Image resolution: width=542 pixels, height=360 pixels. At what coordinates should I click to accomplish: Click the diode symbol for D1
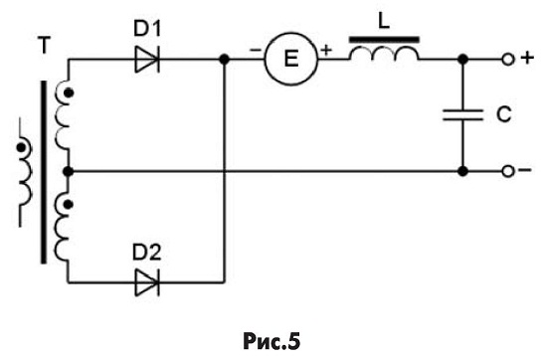(147, 60)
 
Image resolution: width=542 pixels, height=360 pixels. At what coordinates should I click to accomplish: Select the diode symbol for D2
(147, 282)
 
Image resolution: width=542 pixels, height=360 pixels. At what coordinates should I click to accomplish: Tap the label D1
(147, 29)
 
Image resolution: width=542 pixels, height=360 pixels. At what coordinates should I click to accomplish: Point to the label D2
(147, 253)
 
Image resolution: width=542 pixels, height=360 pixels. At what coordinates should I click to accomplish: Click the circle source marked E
(290, 59)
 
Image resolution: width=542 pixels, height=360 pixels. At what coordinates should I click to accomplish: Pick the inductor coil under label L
(384, 54)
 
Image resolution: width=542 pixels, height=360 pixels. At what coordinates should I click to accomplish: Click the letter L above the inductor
(384, 21)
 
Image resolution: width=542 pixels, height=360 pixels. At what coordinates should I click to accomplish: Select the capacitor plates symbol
(462, 114)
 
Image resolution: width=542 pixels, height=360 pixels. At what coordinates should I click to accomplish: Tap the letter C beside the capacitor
(503, 114)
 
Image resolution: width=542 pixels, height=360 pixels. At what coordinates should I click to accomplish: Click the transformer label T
(44, 45)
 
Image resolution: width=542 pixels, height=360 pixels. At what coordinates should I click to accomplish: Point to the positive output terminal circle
(508, 60)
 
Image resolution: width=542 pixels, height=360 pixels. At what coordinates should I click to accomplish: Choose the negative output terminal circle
(508, 171)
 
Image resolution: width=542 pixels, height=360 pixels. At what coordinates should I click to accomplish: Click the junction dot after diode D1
(225, 60)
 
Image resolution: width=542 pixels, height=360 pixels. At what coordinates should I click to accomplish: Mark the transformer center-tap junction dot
(69, 171)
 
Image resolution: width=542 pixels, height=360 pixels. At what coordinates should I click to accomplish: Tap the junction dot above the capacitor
(462, 60)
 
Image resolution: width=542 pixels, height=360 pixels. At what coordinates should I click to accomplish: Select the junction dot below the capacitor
(462, 171)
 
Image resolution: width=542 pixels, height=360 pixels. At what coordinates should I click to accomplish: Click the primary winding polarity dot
(22, 148)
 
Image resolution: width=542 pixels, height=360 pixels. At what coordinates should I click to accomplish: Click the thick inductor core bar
(385, 40)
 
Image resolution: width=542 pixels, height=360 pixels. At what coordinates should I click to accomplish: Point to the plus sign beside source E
(326, 50)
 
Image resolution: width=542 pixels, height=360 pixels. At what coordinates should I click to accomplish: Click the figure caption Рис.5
(271, 341)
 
